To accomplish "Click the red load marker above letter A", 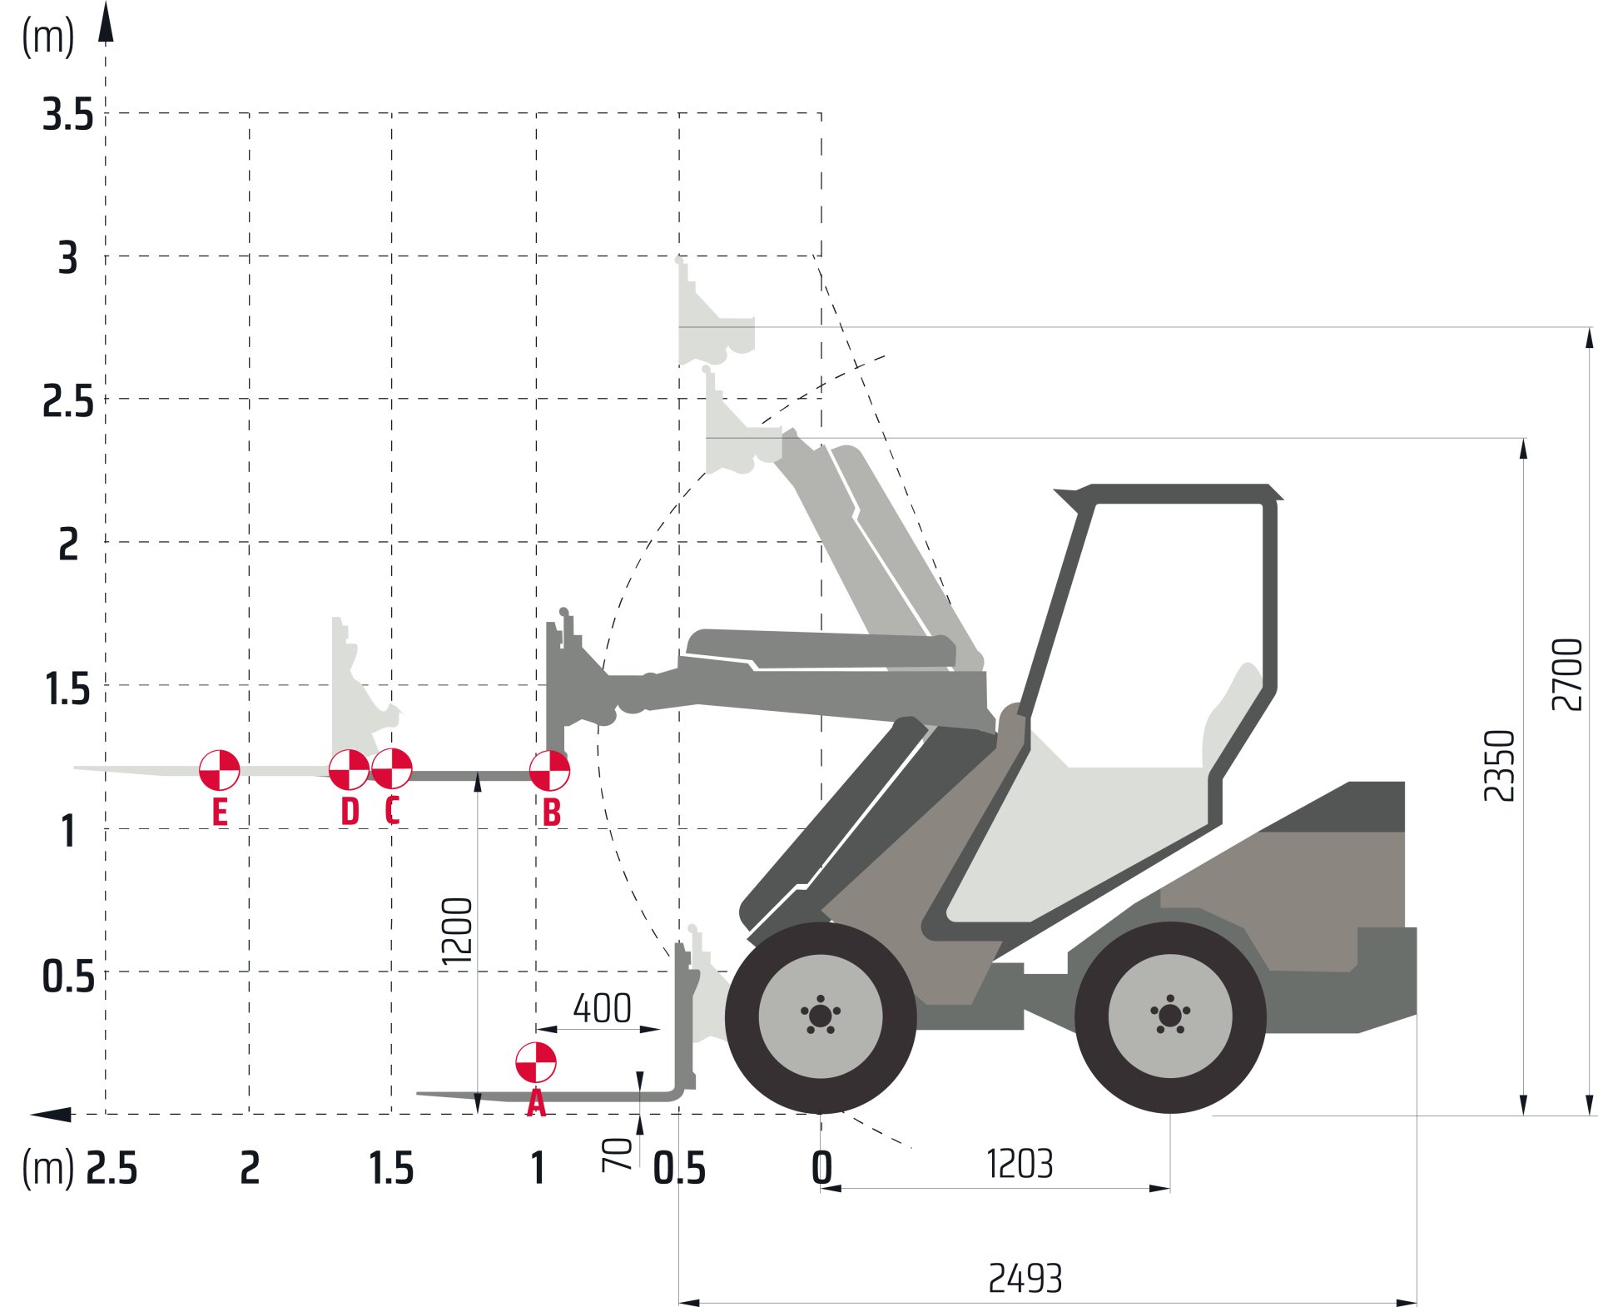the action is (x=536, y=1062).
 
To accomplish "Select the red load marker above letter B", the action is (x=549, y=770).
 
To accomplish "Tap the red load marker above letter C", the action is (x=391, y=768).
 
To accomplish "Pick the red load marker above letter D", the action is (x=350, y=769).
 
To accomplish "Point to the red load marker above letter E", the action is (x=220, y=769).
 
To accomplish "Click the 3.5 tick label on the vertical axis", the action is (x=68, y=115).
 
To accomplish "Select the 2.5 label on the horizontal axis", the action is (x=112, y=1168).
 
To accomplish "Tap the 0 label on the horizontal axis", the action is (x=821, y=1168).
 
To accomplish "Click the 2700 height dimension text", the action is (x=1566, y=674).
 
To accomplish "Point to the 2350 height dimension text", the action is (x=1500, y=765).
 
